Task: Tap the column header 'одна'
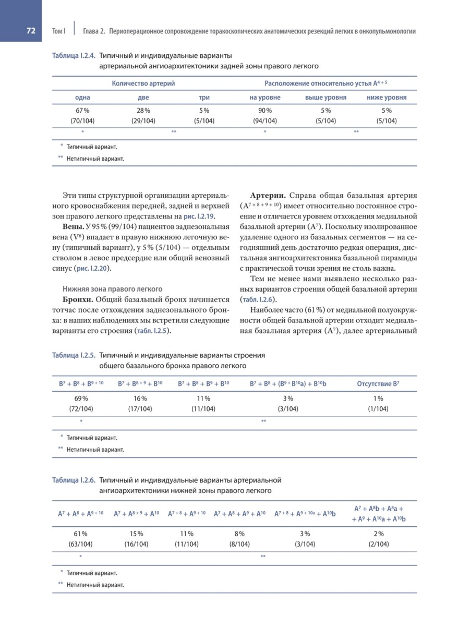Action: (82, 98)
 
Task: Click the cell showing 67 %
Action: (82, 111)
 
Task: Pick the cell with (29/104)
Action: (143, 121)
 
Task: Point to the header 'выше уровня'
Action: (325, 98)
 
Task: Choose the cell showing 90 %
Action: (265, 111)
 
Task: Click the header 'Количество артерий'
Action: (143, 83)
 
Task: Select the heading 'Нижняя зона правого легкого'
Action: (112, 288)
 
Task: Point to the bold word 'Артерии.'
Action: (269, 196)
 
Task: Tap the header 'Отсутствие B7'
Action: (378, 384)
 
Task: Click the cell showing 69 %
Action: (81, 399)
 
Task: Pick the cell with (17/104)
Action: (140, 409)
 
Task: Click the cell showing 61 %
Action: (80, 534)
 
